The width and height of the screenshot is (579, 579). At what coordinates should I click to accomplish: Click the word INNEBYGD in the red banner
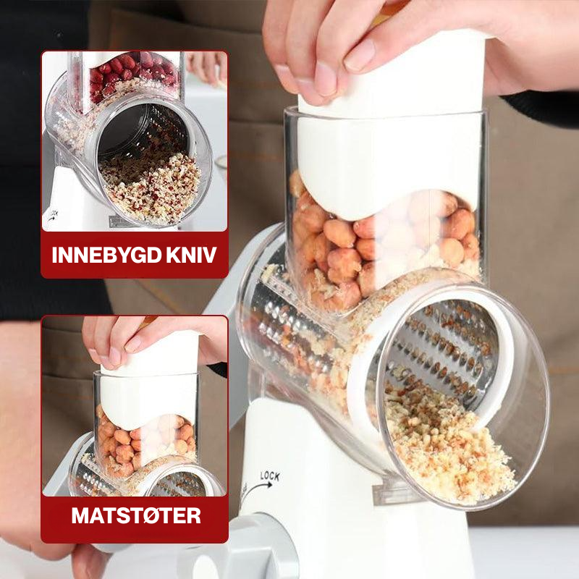tap(107, 255)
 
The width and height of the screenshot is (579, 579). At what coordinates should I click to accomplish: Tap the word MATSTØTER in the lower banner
tap(136, 515)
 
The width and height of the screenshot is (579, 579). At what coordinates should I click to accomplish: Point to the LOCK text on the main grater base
tap(270, 476)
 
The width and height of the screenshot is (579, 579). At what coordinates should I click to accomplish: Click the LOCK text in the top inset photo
tap(54, 213)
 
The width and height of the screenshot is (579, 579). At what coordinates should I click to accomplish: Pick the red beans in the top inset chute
tap(133, 74)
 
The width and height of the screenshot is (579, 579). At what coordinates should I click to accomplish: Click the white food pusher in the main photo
tap(392, 140)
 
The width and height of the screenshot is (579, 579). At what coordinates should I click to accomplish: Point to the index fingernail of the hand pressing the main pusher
tap(359, 56)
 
